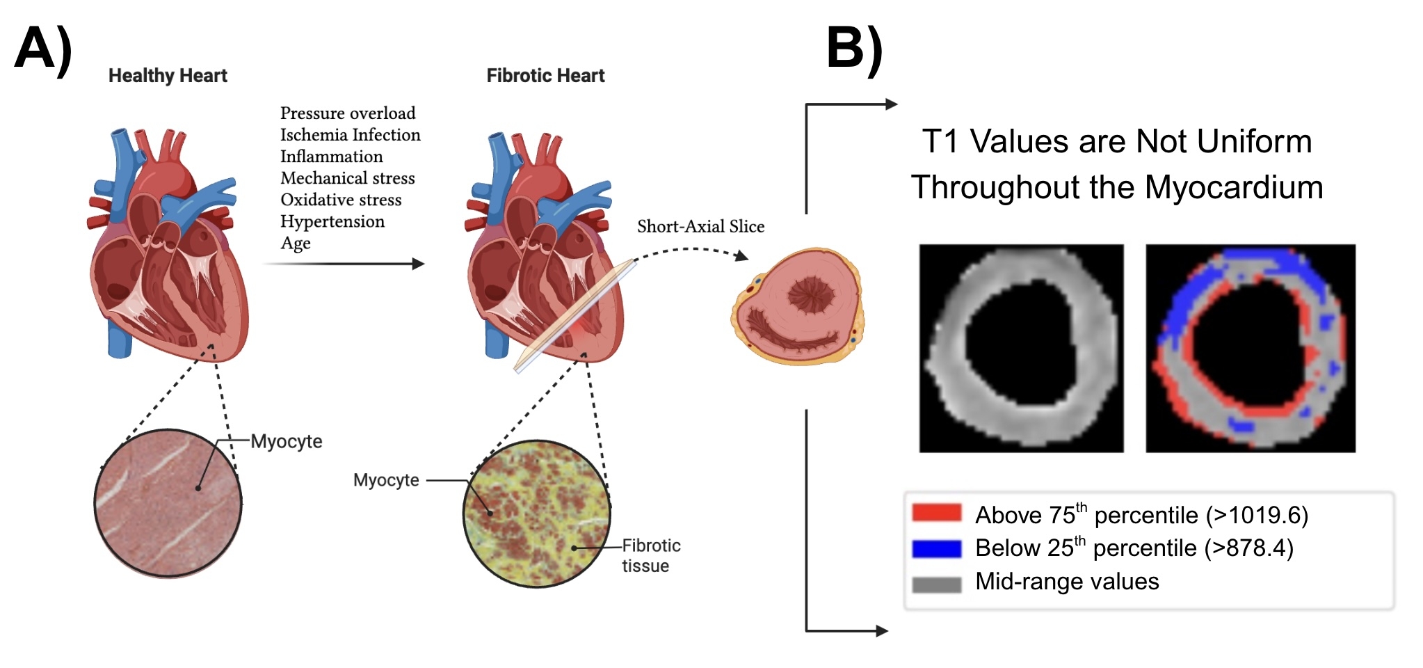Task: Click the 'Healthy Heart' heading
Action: coord(168,76)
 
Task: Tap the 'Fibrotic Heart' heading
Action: coord(545,76)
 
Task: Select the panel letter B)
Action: coord(854,49)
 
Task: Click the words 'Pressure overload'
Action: coord(348,113)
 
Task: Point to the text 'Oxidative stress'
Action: coord(341,200)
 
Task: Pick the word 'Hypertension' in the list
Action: coord(332,221)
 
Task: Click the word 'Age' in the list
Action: coord(296,244)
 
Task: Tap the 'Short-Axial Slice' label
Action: coord(700,227)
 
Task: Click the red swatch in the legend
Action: coord(936,514)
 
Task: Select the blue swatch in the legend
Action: coord(936,549)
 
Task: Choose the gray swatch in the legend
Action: coord(936,584)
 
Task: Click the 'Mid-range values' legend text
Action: coord(1067,582)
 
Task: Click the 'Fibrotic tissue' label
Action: coord(650,555)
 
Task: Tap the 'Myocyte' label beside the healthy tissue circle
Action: coord(287,442)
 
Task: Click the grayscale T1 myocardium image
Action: coord(1021,348)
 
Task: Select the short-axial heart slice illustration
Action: coord(798,306)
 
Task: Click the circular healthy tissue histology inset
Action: coord(168,503)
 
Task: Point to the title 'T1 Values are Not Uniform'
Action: coord(1116,142)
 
